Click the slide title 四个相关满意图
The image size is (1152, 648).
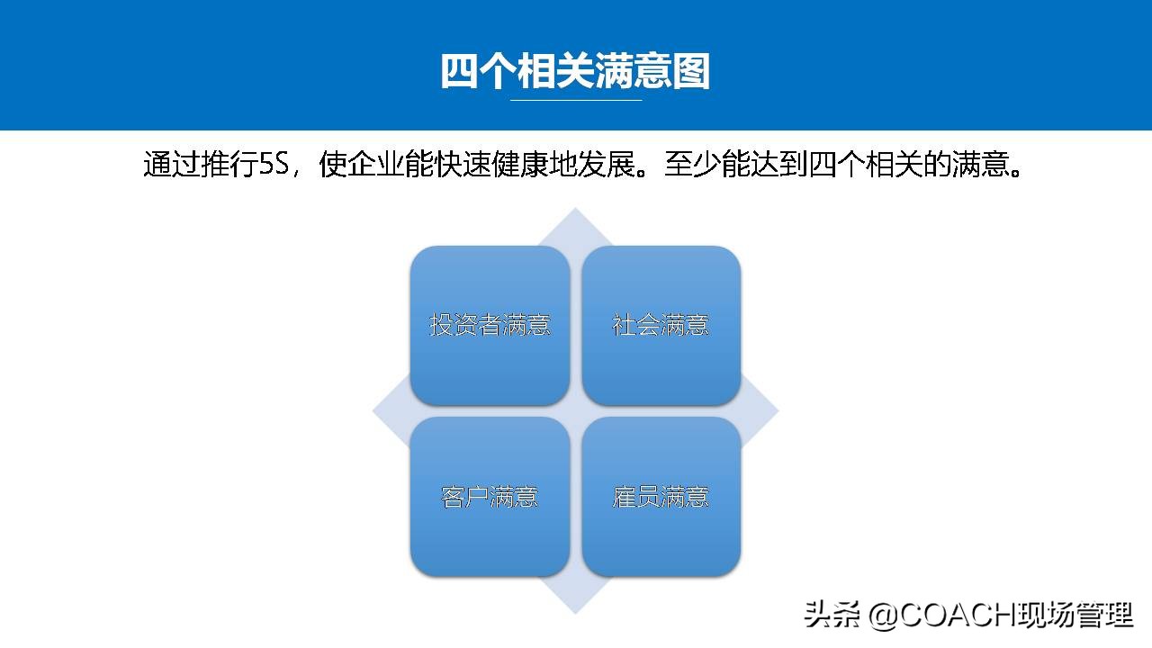(x=575, y=70)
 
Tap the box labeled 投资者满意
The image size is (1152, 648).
(x=490, y=325)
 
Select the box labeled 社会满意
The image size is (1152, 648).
(x=661, y=325)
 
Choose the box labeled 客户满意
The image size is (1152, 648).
(x=490, y=496)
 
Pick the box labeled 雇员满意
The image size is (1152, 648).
(x=661, y=496)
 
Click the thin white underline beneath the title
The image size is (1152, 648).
(x=576, y=100)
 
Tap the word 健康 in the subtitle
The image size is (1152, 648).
(x=520, y=166)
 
